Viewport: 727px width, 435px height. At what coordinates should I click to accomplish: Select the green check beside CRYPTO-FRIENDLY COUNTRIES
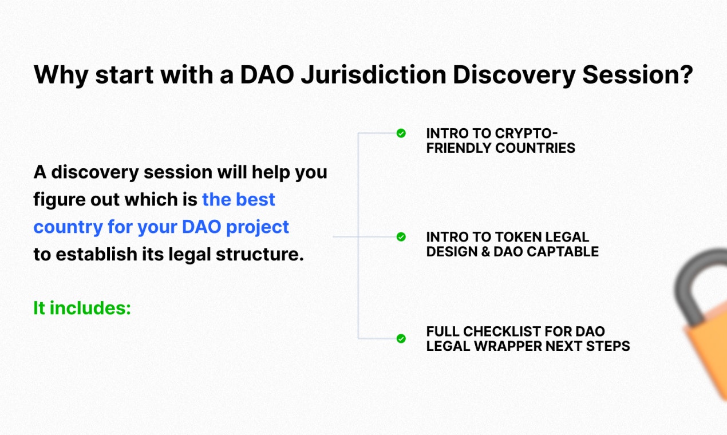pos(401,133)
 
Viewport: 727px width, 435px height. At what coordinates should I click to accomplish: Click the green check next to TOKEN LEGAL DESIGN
pos(401,236)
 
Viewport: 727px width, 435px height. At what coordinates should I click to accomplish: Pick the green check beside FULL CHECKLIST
pos(401,338)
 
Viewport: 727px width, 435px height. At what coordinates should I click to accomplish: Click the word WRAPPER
pos(511,346)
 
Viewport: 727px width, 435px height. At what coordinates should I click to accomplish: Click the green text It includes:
pos(82,308)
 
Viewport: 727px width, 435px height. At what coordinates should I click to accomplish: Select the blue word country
pos(68,227)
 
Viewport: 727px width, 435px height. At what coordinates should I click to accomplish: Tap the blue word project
pos(257,227)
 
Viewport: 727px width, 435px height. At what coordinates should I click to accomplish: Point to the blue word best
pos(255,199)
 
